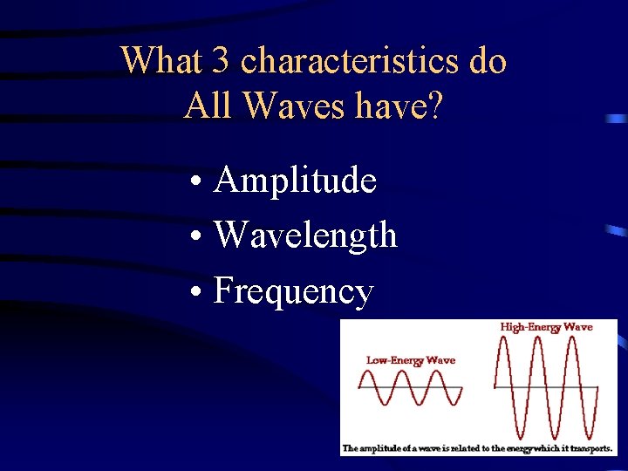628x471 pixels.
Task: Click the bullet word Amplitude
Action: (295, 181)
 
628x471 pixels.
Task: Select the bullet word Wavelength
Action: (305, 235)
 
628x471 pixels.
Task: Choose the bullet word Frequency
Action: (293, 291)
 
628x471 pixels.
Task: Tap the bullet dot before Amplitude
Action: (200, 183)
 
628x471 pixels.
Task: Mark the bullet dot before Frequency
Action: (200, 292)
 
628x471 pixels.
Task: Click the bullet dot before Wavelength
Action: (200, 237)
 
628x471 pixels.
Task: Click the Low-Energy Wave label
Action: (410, 359)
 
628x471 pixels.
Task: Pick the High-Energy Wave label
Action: (546, 327)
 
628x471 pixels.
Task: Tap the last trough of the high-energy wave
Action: (586, 436)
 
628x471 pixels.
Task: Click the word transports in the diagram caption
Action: (586, 448)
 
